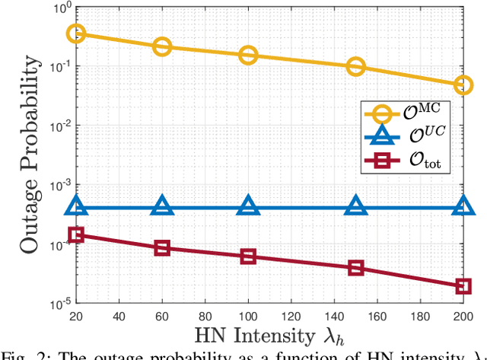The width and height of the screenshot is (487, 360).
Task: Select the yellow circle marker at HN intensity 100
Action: [248, 55]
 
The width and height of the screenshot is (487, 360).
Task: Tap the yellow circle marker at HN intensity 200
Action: [463, 85]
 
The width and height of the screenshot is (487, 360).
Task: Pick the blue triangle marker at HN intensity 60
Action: [162, 205]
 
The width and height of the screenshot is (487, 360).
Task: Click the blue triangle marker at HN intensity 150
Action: [356, 205]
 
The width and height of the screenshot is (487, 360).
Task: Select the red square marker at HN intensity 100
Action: [248, 256]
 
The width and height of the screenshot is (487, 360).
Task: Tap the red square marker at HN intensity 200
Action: [463, 286]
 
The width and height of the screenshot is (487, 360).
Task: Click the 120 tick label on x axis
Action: [291, 315]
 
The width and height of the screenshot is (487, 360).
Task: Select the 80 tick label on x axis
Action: [205, 315]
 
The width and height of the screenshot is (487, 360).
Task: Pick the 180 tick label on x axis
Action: [420, 315]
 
